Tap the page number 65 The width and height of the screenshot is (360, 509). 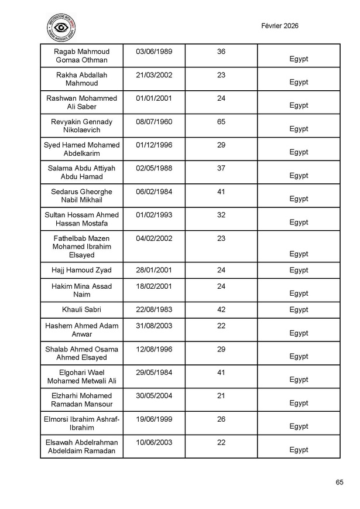[340, 482]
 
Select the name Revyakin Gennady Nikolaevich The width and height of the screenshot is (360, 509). [81, 126]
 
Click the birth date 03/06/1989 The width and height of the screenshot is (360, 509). [154, 52]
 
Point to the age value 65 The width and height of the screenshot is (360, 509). [221, 122]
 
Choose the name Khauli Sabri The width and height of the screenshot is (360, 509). [81, 309]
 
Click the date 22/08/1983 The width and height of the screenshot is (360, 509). [154, 309]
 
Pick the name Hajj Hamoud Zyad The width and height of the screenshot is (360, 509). [81, 270]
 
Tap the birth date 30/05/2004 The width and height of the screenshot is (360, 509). [154, 395]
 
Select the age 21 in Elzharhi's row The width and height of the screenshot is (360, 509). [221, 395]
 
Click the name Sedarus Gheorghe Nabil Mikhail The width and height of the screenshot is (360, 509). [81, 196]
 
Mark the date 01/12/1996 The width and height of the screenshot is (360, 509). [154, 145]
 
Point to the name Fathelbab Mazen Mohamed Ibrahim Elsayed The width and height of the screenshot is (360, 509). [81, 247]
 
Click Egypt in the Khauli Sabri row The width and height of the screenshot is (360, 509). [299, 309]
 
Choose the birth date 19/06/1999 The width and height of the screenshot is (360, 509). [154, 419]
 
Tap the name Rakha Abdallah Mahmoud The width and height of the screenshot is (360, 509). [81, 79]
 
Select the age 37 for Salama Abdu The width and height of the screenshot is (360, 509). [221, 168]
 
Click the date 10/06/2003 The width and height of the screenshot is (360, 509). [154, 442]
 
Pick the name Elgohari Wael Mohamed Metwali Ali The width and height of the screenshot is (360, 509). [81, 377]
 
